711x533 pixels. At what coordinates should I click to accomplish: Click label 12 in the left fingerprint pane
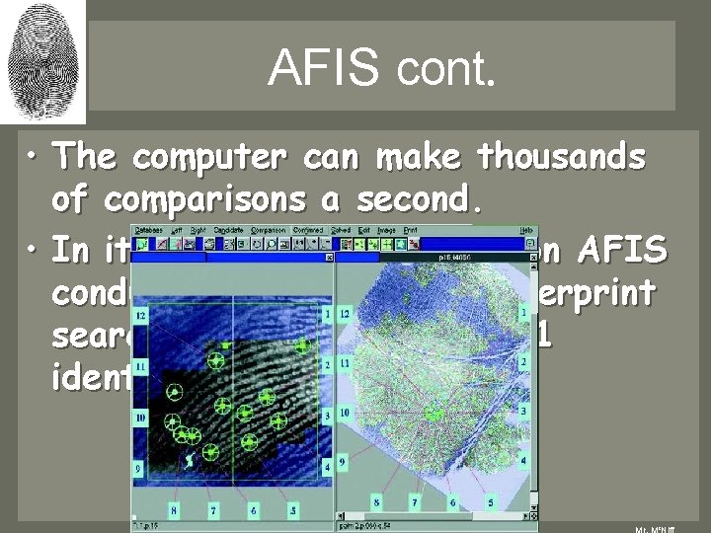click(141, 316)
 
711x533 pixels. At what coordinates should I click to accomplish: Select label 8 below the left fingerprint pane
click(173, 510)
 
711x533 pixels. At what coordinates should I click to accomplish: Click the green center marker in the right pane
click(431, 411)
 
